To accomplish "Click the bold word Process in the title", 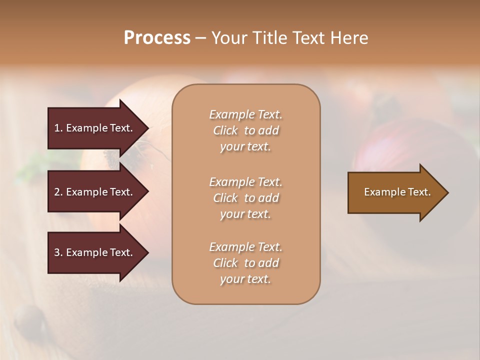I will coord(157,38).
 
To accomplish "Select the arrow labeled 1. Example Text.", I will coord(93,128).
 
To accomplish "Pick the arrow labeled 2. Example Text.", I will coord(93,192).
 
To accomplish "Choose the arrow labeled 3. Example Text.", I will coord(93,252).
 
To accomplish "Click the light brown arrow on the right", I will coord(397,192).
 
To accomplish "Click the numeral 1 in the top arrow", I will coord(57,128).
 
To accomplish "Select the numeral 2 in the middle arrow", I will coord(57,192).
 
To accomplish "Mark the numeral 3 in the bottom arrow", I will coord(57,252).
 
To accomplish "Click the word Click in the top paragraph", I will coord(225,130).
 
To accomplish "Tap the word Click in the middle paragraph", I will coord(225,198).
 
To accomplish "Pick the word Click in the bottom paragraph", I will coord(225,263).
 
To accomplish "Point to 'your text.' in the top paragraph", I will coord(245,147).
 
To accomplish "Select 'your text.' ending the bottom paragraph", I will coord(245,279).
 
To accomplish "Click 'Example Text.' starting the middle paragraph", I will coord(245,182).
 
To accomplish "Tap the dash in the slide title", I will coord(200,38).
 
